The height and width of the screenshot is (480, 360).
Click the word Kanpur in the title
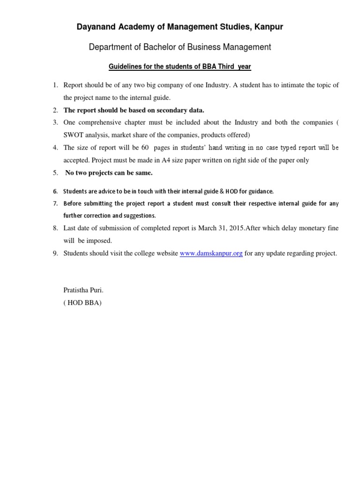(x=269, y=28)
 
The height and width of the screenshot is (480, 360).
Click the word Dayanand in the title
(x=96, y=28)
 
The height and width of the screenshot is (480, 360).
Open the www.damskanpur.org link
(x=211, y=254)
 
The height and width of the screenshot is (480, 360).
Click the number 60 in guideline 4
(x=145, y=148)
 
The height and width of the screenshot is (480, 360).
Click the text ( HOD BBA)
(x=82, y=303)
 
